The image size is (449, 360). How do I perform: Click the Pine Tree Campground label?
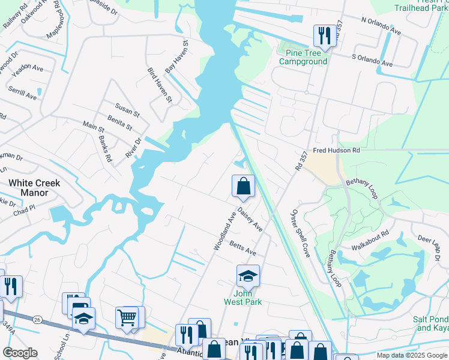[x=303, y=57]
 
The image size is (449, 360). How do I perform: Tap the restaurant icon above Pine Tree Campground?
[x=325, y=35]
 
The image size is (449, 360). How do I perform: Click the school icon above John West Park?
[x=248, y=276]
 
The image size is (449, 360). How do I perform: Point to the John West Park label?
[x=248, y=298]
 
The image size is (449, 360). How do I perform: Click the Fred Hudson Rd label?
[x=335, y=151]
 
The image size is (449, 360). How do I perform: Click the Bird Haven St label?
[x=160, y=85]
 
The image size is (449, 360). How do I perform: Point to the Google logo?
[x=20, y=352]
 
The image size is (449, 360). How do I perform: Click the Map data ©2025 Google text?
[x=412, y=355]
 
